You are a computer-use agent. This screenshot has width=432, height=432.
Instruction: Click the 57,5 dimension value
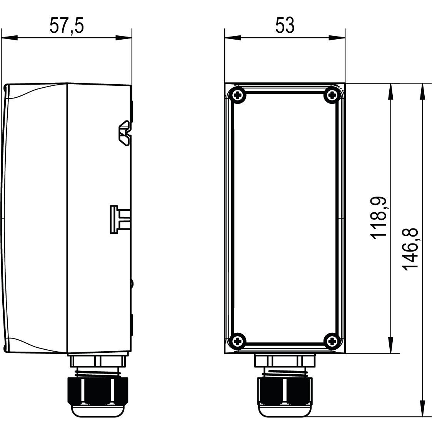tap(66, 26)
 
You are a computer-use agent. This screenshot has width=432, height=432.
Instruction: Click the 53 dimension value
tap(285, 26)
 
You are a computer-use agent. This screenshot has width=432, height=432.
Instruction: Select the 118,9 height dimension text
tap(379, 218)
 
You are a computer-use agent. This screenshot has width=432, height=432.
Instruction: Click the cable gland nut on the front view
tap(285, 391)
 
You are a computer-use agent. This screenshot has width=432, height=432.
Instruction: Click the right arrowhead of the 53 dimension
tap(337, 38)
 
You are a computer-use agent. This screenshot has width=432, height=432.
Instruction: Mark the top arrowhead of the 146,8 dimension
tap(422, 92)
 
